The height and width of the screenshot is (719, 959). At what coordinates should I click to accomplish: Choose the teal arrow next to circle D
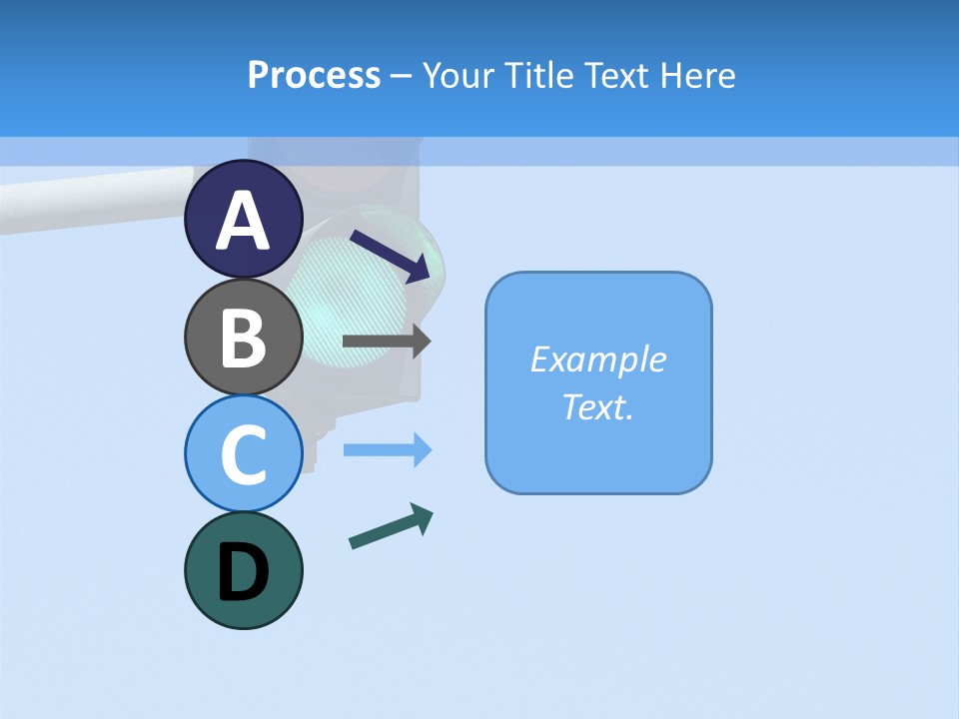coord(391,526)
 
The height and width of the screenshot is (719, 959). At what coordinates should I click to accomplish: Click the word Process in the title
coord(314,75)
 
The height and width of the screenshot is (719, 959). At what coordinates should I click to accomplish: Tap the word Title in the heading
coord(539,75)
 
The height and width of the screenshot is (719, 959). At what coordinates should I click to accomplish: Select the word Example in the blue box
coord(597,359)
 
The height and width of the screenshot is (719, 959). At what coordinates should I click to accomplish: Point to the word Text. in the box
coord(597,407)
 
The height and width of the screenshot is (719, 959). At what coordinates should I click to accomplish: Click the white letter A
coord(244,220)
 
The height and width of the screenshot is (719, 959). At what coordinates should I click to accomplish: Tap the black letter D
coord(244,571)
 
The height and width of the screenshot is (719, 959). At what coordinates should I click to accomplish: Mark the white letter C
coord(244,454)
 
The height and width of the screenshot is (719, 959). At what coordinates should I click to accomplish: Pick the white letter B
coord(244,337)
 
